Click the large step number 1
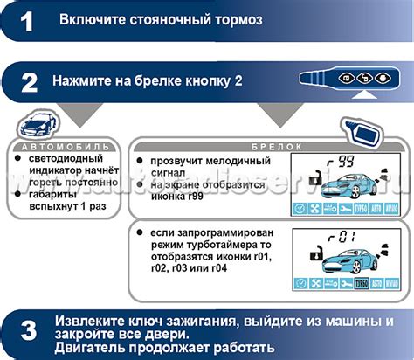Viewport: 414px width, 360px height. (x=27, y=21)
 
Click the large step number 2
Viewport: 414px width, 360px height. (x=28, y=84)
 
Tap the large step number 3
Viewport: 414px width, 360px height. (x=28, y=332)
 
